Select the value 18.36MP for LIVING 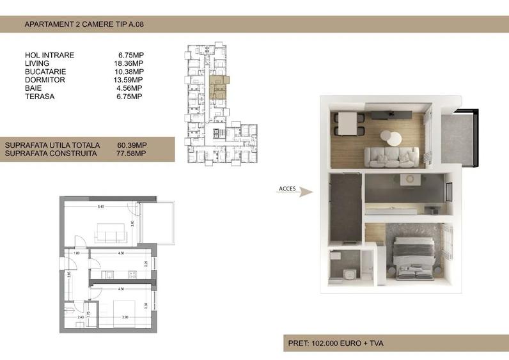(x=130, y=63)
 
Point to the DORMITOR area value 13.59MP (x=130, y=80)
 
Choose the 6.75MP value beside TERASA (x=130, y=97)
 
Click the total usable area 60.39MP (x=132, y=145)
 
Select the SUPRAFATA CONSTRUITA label (x=51, y=153)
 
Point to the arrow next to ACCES (x=306, y=192)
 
